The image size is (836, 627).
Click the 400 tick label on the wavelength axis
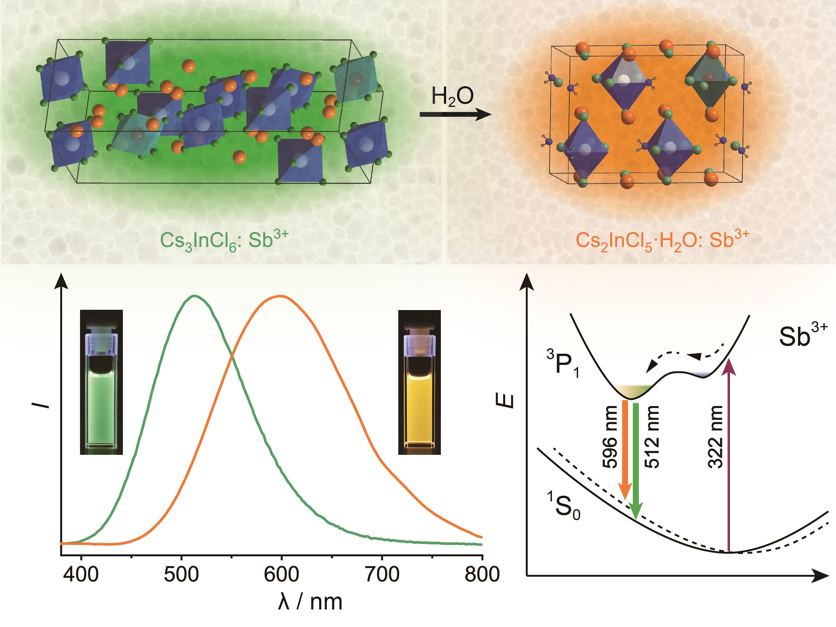click(81, 574)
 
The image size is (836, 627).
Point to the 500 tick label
click(181, 574)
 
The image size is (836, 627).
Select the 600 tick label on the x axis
click(281, 574)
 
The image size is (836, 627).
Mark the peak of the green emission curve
click(195, 296)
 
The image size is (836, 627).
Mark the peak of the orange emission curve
click(280, 296)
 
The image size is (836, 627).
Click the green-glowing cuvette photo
click(101, 382)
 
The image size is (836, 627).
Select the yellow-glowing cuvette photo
click(420, 382)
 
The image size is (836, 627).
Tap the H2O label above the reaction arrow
click(452, 97)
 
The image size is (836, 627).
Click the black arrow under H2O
click(456, 114)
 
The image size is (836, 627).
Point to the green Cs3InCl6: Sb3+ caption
click(224, 240)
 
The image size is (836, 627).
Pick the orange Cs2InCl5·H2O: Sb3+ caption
click(662, 240)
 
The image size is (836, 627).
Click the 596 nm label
click(610, 437)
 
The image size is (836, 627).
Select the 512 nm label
click(651, 437)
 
